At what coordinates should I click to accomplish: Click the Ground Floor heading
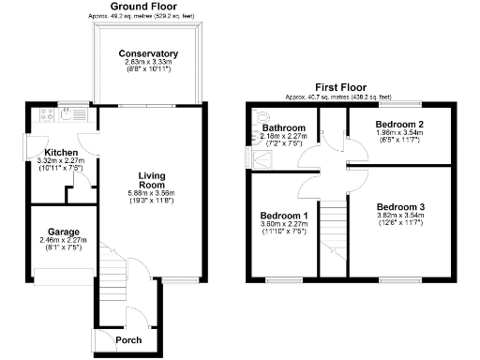point(146,7)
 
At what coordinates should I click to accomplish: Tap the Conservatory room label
point(148,53)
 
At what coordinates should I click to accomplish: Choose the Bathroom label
point(283,127)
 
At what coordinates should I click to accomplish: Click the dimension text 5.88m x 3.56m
point(151,195)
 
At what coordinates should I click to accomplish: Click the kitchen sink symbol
point(68,114)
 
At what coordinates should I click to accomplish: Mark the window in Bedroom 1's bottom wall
point(278,279)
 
